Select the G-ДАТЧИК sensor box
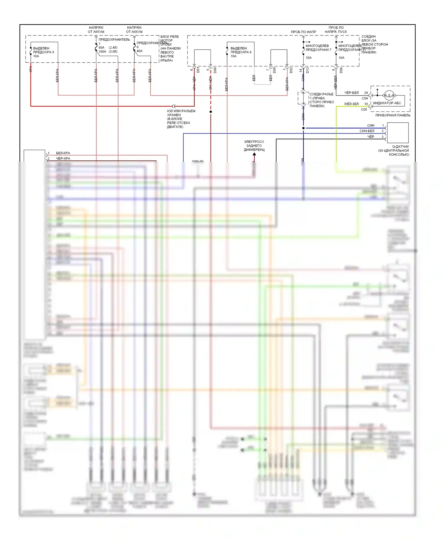point(398,133)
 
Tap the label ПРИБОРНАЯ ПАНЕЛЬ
point(393,115)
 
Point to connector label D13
point(307,70)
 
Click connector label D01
point(198,70)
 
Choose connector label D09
point(274,70)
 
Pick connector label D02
point(291,70)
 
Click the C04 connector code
point(365,98)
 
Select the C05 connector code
point(364,110)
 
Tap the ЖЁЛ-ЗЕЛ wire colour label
point(351,104)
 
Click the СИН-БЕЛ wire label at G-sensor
point(367,131)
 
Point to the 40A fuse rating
point(139,51)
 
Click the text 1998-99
point(197,162)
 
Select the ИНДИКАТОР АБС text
point(387,103)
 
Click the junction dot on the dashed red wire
point(211,112)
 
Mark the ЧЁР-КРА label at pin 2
point(63,159)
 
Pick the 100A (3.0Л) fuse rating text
point(108,51)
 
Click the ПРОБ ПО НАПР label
point(303,32)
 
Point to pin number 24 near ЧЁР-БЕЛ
point(366,93)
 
